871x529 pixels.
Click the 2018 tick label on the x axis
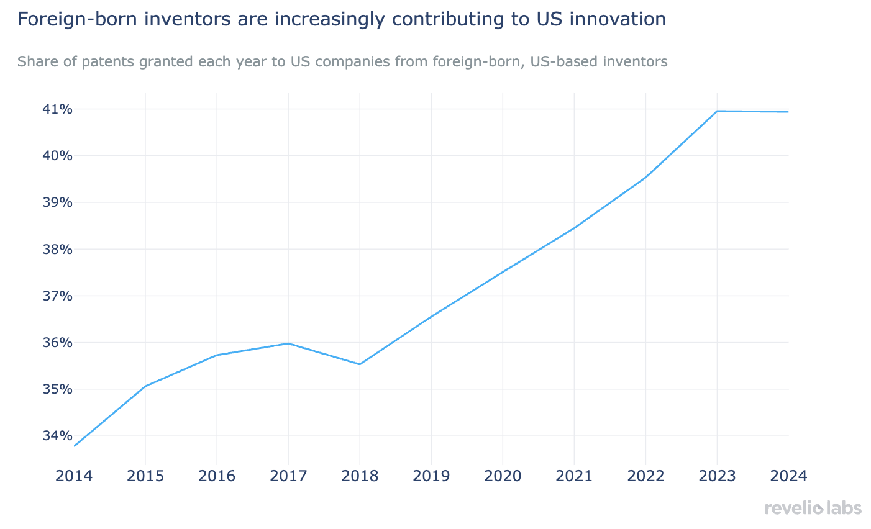click(360, 476)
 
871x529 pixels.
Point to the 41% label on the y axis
click(58, 109)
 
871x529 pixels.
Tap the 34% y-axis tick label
click(58, 436)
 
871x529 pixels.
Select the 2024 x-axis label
click(788, 476)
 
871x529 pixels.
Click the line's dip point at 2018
click(360, 364)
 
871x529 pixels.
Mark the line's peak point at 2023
click(718, 111)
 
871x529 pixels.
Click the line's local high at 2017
click(288, 343)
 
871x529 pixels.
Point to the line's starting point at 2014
click(75, 446)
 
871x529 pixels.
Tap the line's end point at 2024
click(788, 112)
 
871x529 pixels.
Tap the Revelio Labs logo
click(813, 509)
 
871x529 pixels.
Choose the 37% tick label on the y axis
click(58, 296)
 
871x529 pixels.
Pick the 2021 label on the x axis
click(574, 476)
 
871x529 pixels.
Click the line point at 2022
click(645, 178)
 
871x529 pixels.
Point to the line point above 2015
click(145, 386)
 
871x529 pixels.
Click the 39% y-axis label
click(58, 202)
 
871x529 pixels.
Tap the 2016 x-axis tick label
click(217, 476)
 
